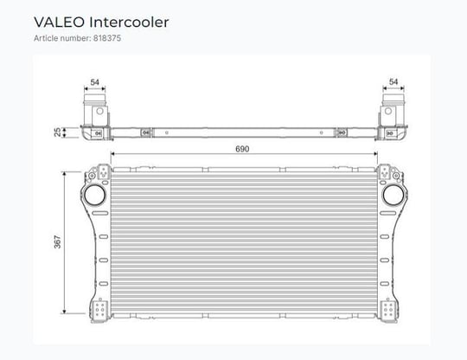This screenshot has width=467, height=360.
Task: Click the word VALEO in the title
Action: (60, 22)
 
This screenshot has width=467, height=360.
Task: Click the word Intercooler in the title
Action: (129, 22)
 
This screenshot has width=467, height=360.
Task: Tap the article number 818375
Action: (107, 38)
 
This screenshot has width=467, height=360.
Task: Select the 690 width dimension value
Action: (242, 149)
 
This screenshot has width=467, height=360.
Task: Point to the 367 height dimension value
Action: (57, 241)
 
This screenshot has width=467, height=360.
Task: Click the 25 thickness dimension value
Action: (57, 132)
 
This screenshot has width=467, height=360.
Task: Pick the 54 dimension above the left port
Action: (95, 82)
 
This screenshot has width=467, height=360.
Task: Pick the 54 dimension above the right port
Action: (393, 81)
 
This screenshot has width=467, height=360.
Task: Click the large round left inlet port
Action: (95, 195)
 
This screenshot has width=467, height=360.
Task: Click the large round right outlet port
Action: (393, 195)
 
